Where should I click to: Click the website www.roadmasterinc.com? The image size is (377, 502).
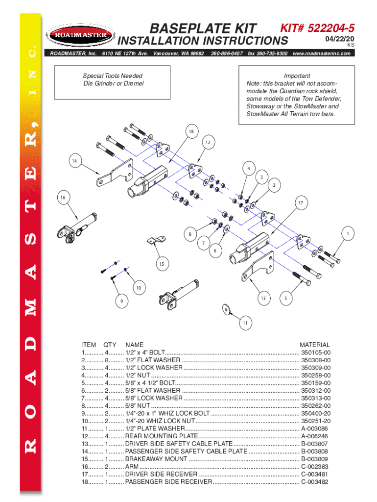click(321, 53)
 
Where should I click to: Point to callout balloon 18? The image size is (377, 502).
click(191, 131)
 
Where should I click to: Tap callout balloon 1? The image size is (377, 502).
click(348, 234)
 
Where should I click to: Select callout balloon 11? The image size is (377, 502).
click(245, 323)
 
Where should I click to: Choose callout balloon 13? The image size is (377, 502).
click(263, 298)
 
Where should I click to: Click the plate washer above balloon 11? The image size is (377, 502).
click(226, 309)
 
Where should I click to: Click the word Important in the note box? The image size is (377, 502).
click(297, 76)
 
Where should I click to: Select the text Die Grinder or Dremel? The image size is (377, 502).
click(106, 84)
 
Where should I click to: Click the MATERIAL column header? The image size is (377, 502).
click(315, 345)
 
